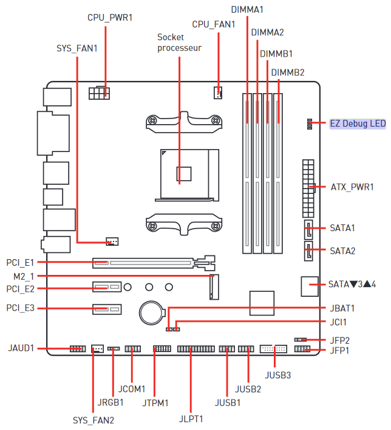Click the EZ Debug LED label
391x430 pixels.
357,123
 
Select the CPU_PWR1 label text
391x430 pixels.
110,18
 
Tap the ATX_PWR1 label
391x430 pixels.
352,187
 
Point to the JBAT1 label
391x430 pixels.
342,308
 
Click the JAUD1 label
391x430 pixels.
21,349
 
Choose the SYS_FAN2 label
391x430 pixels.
93,420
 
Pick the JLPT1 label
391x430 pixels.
191,418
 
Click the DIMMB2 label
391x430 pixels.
288,73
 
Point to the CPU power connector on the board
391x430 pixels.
99,94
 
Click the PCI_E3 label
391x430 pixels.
21,308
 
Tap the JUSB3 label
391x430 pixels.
278,375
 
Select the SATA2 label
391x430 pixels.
342,251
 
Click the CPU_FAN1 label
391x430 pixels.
213,24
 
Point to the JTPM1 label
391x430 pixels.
156,403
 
